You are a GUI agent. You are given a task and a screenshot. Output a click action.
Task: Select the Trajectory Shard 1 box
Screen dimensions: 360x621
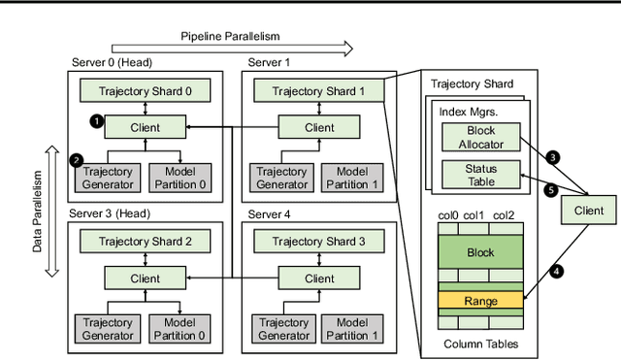[x=319, y=91]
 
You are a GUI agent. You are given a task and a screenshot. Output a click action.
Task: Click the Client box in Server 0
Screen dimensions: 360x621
[x=145, y=126]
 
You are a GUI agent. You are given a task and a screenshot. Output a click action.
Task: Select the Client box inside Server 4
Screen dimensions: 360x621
[x=319, y=278]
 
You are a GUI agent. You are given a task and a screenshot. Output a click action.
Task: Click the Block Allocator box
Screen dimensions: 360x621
[x=481, y=137]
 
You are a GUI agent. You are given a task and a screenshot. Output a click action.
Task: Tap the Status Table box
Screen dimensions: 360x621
[x=481, y=175]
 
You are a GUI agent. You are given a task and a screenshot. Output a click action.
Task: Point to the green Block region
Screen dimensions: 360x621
[x=481, y=252]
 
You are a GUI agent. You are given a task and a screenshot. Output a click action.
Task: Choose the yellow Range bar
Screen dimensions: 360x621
[x=481, y=301]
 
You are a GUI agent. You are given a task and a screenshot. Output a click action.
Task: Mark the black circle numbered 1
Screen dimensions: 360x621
[x=94, y=121]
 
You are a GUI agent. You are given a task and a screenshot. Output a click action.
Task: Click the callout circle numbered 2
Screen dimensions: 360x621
[x=78, y=158]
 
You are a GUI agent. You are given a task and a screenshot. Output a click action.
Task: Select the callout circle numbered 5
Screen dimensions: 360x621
[x=551, y=190]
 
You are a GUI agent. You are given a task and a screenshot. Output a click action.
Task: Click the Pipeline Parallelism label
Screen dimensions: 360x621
[x=229, y=36]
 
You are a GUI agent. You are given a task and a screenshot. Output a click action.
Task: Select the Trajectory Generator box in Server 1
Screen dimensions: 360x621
[x=282, y=177]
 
